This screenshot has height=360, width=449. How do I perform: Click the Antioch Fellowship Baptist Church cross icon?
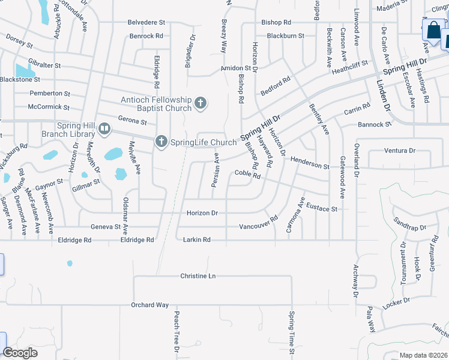tap(200, 104)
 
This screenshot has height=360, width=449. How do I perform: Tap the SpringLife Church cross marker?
tap(161, 142)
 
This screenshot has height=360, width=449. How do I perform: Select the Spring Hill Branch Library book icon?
tap(104, 128)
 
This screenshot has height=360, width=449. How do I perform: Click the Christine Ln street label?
tap(197, 276)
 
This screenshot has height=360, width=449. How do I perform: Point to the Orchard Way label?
tap(150, 305)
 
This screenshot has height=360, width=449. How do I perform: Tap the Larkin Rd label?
tap(197, 240)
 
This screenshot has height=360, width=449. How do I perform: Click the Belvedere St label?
tap(146, 22)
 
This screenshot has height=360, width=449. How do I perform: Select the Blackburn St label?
tap(285, 36)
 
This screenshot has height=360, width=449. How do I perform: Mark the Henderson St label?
tap(310, 162)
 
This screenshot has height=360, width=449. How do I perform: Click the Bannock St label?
tap(374, 125)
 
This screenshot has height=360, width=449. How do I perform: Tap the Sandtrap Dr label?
tap(409, 224)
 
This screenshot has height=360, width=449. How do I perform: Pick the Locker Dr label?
tap(396, 301)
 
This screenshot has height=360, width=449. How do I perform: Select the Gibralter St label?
tap(41, 65)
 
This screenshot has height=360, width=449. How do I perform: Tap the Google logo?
tap(20, 353)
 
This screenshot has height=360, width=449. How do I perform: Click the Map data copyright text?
tap(423, 355)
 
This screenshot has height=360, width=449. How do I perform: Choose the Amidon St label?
tap(235, 68)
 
